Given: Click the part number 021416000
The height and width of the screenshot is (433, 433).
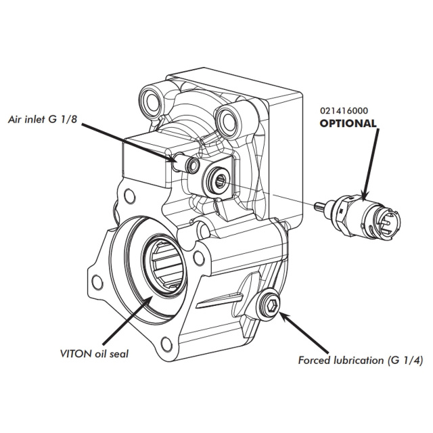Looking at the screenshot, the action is click(344, 111).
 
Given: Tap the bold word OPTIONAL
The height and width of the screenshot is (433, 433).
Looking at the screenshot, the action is click(348, 123).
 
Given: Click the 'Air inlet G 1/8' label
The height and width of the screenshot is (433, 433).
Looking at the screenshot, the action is click(43, 119).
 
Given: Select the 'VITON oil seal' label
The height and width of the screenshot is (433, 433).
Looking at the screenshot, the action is click(94, 354).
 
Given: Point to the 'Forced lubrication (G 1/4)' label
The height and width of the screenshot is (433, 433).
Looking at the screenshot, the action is click(361, 361).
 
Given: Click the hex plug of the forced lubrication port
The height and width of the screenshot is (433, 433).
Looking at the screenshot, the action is click(271, 306).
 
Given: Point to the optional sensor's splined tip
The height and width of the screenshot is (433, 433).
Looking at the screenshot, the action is click(320, 205).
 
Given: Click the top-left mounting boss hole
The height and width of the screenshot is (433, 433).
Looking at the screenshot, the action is click(152, 101).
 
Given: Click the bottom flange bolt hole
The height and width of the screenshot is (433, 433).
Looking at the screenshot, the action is click(166, 344).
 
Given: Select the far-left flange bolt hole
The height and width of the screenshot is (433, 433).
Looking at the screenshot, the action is click(97, 282).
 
